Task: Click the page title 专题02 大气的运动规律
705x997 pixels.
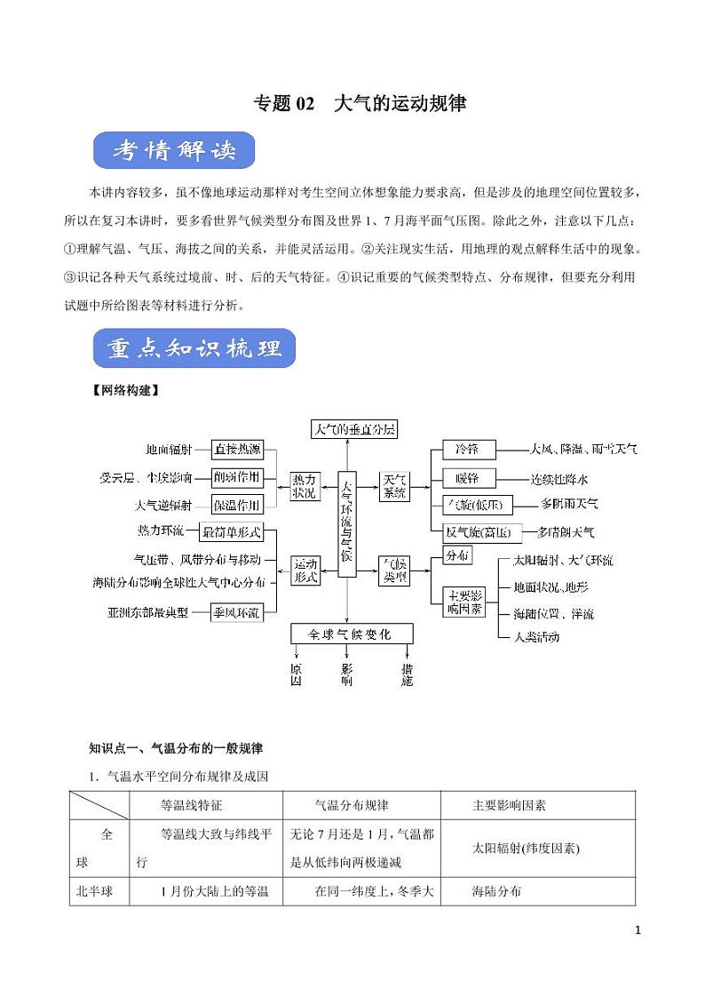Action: coord(360,103)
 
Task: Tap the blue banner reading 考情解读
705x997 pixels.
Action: coord(174,151)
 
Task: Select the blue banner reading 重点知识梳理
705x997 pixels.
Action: coord(194,348)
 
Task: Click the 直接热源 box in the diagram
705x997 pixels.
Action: coord(238,450)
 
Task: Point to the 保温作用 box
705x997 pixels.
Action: coord(238,506)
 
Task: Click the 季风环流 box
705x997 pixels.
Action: coord(238,612)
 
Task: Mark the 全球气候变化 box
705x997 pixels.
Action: coord(353,634)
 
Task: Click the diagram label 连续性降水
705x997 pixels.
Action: coord(559,478)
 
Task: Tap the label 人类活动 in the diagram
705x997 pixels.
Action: coord(536,636)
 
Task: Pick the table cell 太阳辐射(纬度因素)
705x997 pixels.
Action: coord(526,848)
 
